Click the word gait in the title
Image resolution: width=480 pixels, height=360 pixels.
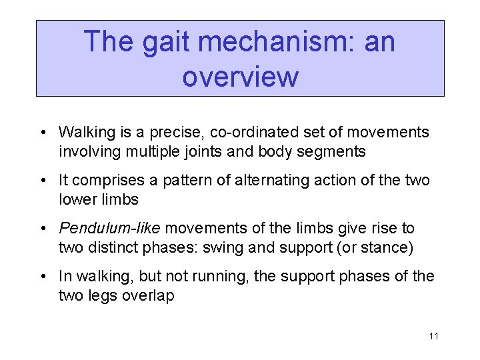pyautogui.click(x=162, y=43)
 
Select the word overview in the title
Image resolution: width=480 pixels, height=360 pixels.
pyautogui.click(x=239, y=77)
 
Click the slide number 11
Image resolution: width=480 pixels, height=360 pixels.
pyautogui.click(x=433, y=336)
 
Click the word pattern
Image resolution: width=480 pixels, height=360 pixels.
pyautogui.click(x=171, y=181)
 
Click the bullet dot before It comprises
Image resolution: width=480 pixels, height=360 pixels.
pyautogui.click(x=43, y=181)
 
